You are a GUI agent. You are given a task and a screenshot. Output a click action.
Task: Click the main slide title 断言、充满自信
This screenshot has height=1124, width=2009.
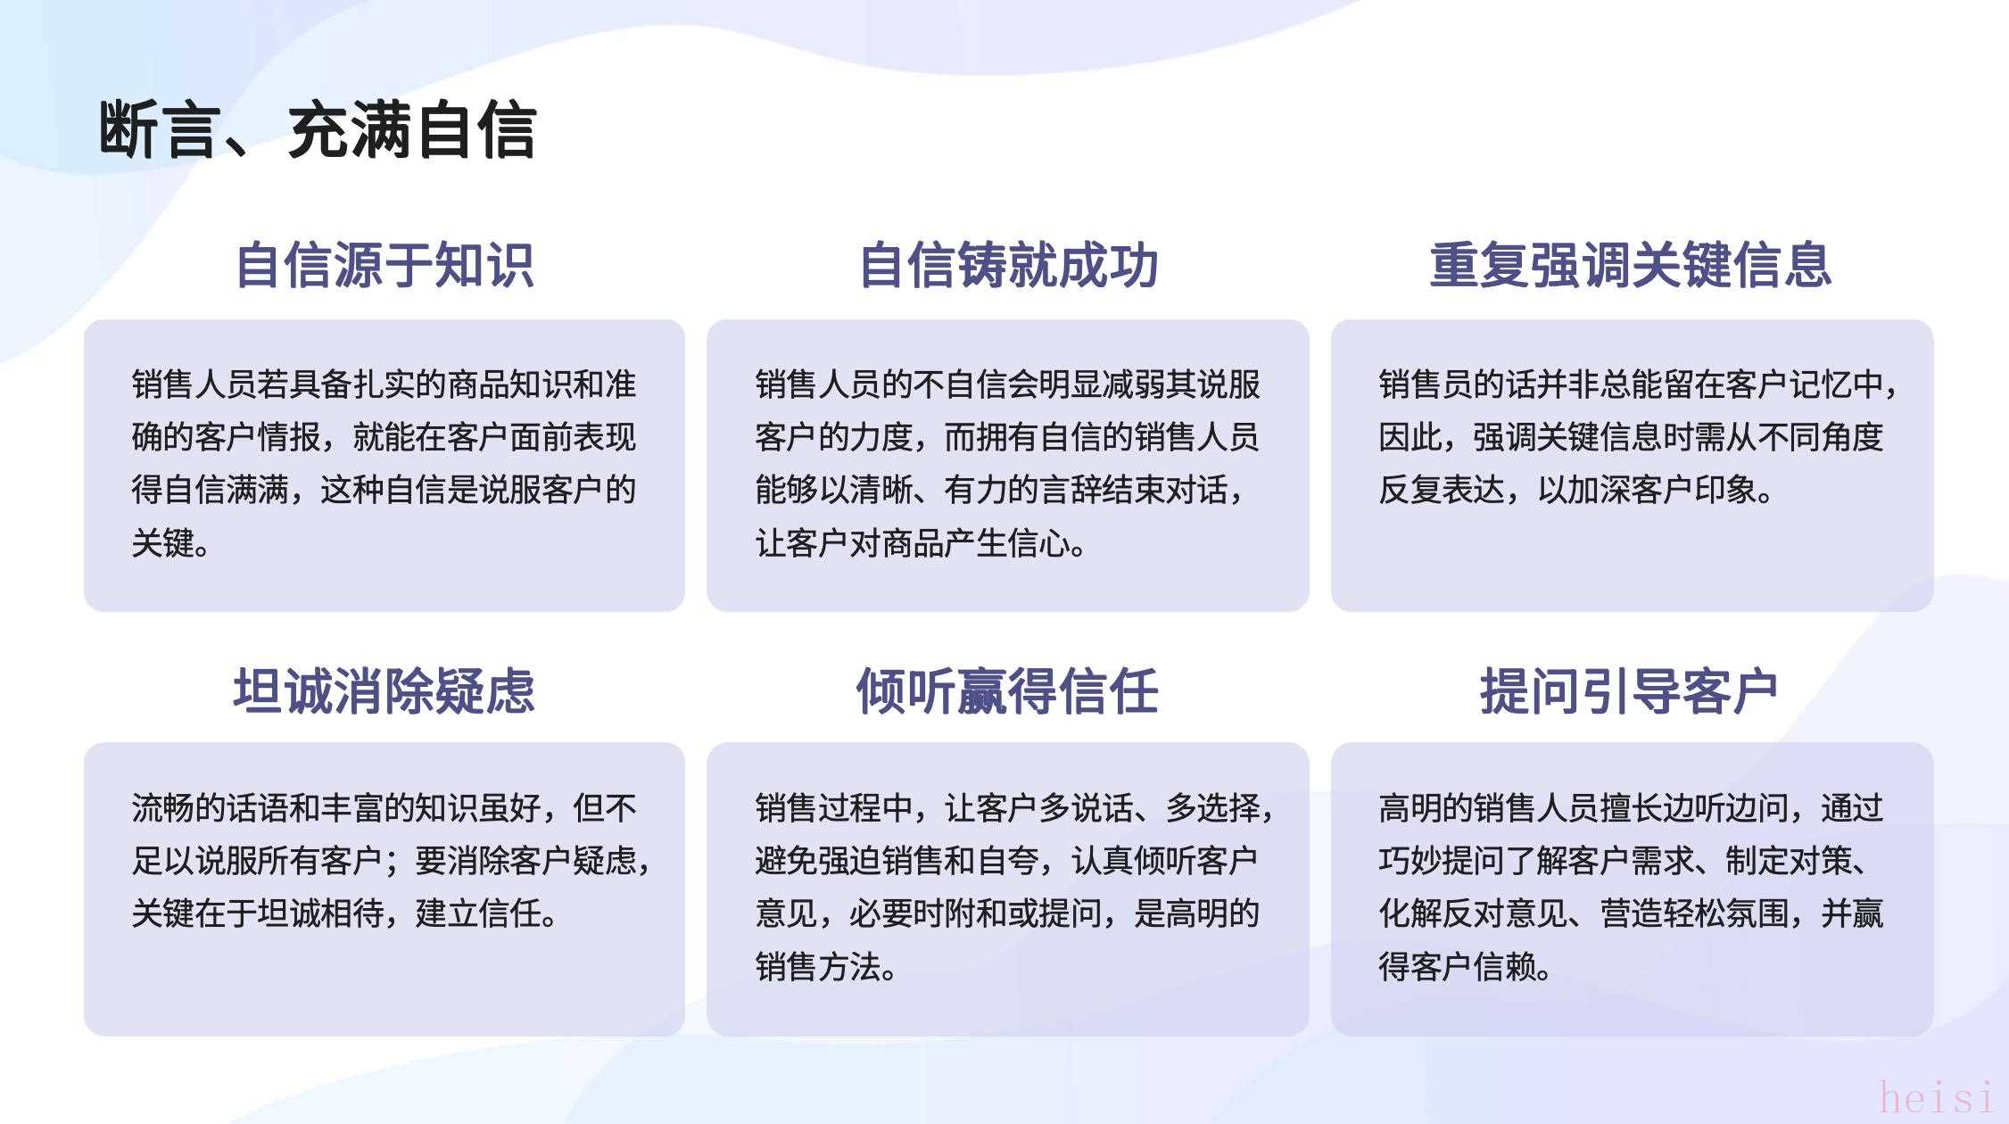click(318, 130)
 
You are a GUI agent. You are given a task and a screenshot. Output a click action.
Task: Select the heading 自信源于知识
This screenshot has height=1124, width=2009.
click(384, 265)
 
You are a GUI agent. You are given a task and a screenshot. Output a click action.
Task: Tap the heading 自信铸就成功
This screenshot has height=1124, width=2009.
click(1008, 265)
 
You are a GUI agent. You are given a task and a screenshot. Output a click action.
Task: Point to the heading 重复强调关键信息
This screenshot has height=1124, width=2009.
click(1631, 265)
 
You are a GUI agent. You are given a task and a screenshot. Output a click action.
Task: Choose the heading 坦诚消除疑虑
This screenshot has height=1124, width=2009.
click(384, 690)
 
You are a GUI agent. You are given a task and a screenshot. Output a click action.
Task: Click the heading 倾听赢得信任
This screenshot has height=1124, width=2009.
click(1008, 690)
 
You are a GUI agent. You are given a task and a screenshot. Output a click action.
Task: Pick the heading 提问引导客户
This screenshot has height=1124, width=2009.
click(1629, 690)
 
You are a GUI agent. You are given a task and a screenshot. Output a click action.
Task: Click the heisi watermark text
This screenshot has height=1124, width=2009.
click(1936, 1096)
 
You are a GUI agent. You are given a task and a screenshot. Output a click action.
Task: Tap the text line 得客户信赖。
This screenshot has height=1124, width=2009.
click(1465, 965)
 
